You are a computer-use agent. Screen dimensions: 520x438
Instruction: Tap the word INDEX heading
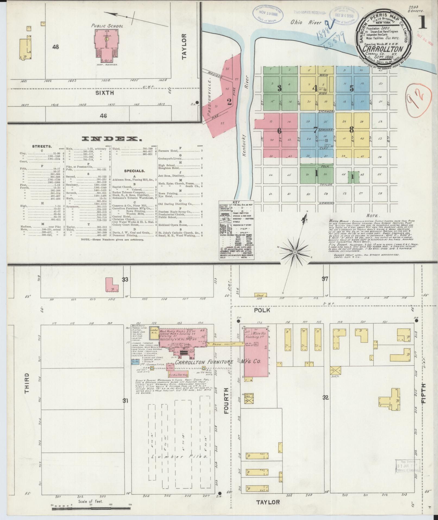[x=111, y=139]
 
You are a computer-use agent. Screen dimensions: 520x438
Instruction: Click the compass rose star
[x=295, y=253]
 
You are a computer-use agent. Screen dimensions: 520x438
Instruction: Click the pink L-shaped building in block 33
[x=112, y=285]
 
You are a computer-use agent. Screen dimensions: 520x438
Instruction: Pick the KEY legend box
[x=237, y=230]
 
